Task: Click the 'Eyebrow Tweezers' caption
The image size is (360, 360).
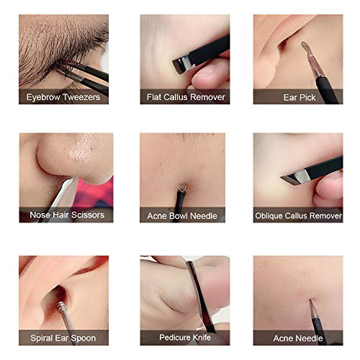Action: [x=63, y=97]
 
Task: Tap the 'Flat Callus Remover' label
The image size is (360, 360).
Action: [x=186, y=97]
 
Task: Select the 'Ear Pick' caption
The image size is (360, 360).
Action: [x=300, y=97]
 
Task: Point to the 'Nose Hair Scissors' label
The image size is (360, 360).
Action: [x=67, y=215]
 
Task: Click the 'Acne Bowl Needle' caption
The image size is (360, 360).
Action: [x=182, y=216]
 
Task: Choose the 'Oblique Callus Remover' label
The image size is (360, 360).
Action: [x=298, y=216]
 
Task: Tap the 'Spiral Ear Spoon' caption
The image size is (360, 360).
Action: [x=63, y=338]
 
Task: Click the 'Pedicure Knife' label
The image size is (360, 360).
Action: [x=185, y=337]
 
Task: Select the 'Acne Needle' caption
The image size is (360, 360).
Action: [x=298, y=338]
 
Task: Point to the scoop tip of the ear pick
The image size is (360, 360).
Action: [x=304, y=45]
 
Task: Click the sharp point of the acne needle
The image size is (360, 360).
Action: [x=310, y=300]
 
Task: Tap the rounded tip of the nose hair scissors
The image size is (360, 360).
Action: [x=68, y=181]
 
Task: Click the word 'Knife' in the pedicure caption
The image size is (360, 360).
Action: [x=202, y=337]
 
